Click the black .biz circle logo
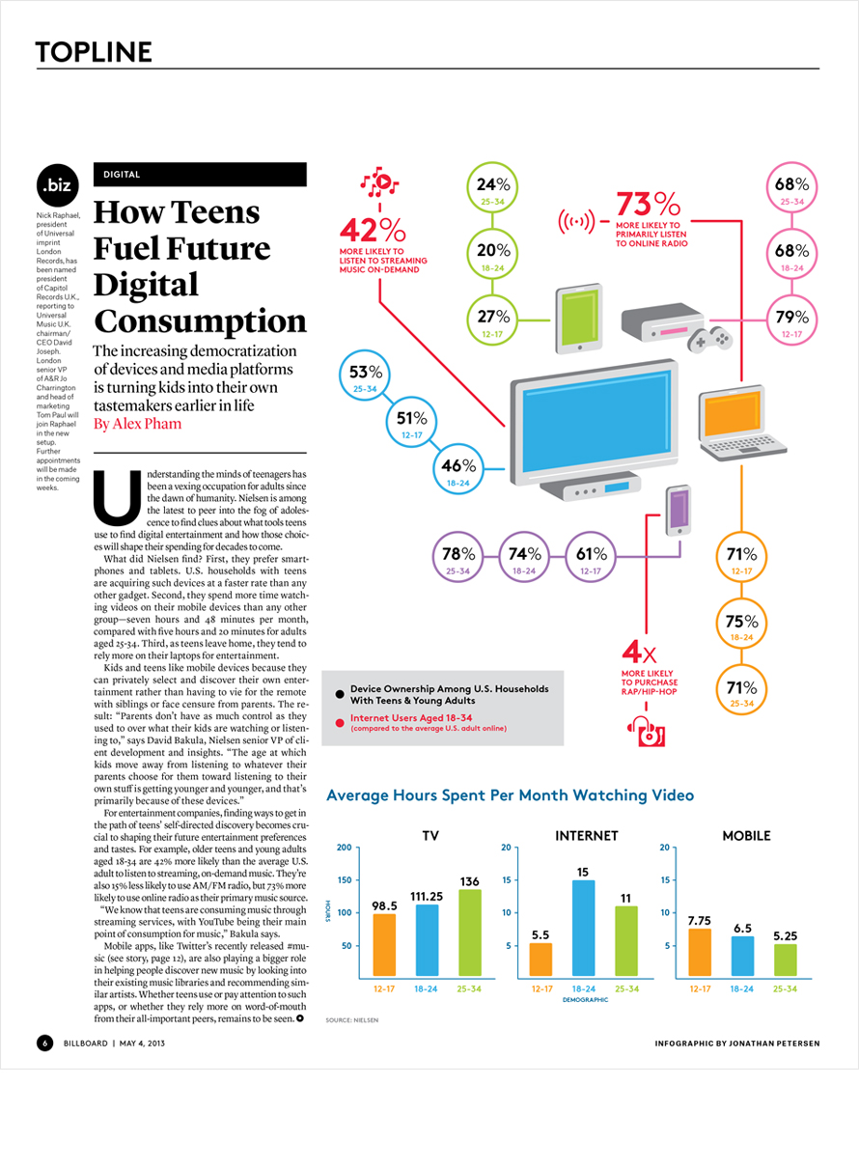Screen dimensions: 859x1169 [57, 185]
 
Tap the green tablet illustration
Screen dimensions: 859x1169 [579, 319]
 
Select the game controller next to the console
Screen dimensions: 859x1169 [709, 339]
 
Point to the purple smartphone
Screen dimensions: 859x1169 [678, 511]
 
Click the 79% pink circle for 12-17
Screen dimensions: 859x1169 [791, 320]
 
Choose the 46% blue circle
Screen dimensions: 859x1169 [458, 469]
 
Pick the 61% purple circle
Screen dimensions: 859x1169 [591, 557]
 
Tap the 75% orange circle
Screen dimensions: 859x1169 [741, 624]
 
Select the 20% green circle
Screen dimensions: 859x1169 [492, 254]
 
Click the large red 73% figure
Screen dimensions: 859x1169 [649, 203]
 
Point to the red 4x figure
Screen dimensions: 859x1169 [639, 652]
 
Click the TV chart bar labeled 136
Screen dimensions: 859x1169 [470, 932]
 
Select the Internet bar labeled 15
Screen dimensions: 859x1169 [584, 928]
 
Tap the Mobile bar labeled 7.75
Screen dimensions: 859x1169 [700, 952]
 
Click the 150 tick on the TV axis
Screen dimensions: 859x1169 [345, 880]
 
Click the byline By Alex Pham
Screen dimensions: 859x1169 [138, 423]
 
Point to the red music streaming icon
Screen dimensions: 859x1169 [379, 181]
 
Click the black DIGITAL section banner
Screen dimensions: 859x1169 [200, 175]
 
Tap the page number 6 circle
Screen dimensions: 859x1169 [45, 1044]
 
